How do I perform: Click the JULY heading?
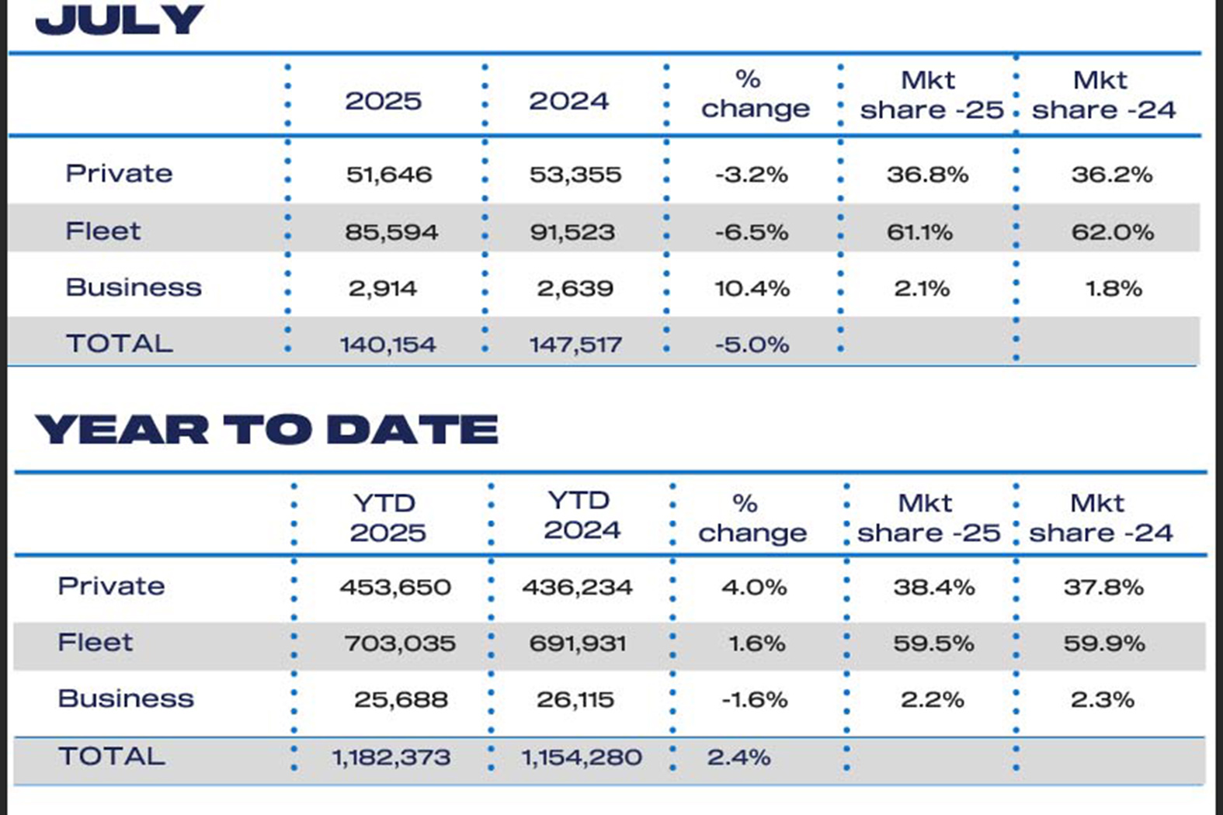point(120,20)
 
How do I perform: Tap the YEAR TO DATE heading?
point(266,429)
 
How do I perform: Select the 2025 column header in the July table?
point(383,101)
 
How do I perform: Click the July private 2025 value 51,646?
point(389,174)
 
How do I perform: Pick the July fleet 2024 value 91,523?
point(572,232)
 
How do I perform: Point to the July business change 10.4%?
point(752,289)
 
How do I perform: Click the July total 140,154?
point(387,345)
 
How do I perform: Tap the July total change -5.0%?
point(752,345)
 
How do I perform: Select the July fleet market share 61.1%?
point(919,232)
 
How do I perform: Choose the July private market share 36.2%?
point(1111,174)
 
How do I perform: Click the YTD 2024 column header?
point(582,515)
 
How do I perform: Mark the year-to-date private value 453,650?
point(394,587)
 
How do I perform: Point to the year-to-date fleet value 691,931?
point(577,643)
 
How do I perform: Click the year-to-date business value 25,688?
point(401,699)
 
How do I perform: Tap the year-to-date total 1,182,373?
point(391,757)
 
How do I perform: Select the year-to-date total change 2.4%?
point(738,757)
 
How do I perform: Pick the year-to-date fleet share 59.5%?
point(933,643)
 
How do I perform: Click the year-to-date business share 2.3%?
point(1102,699)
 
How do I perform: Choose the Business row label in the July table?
point(134,287)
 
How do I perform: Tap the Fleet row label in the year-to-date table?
point(95,643)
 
